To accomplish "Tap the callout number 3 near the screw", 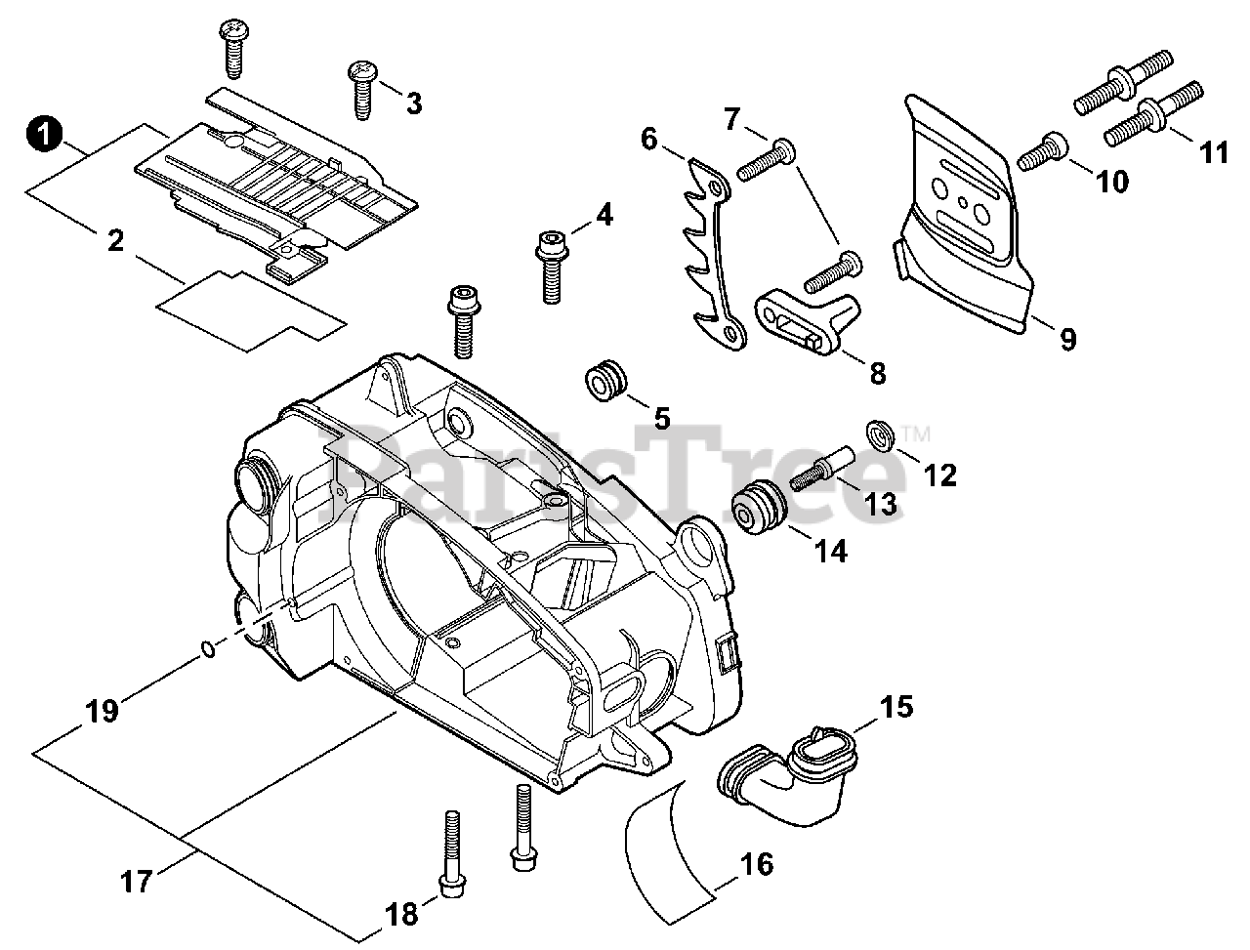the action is coord(414,103).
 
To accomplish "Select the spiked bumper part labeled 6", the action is coord(713,253).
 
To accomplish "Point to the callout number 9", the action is coord(1068,339).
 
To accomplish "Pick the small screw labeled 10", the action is coord(1042,150).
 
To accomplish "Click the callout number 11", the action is coord(1214,152).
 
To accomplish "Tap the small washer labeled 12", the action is coord(879,435).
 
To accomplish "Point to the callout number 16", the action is coord(756,864).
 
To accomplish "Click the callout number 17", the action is coord(136,882).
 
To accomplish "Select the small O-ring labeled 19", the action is coord(209,649).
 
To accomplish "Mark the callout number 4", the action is coord(604,214).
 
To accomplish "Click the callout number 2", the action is coord(115,241).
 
